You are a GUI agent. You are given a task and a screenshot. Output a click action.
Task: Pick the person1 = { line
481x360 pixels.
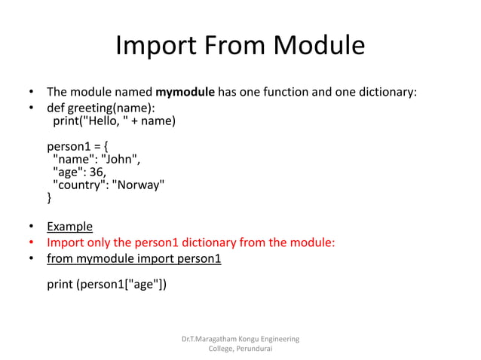click(x=78, y=146)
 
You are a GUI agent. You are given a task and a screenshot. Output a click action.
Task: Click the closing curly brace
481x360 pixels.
click(x=50, y=198)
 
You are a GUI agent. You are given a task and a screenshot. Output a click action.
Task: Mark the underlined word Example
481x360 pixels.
click(x=69, y=227)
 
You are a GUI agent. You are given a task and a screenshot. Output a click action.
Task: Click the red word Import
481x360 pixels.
click(x=65, y=243)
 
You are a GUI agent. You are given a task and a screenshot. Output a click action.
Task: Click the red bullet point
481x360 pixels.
click(x=32, y=243)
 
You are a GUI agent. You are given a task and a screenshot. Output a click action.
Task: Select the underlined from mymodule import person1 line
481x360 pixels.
click(x=133, y=259)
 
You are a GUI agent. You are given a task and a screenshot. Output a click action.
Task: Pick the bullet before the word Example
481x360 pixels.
click(x=32, y=227)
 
